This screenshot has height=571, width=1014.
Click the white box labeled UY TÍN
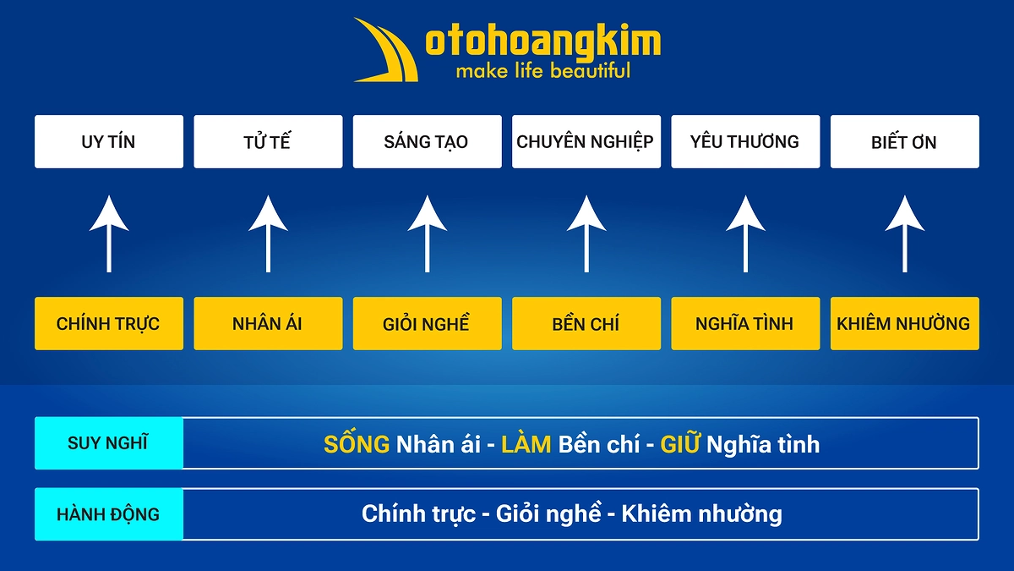108,141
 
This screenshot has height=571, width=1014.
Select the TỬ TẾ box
268,141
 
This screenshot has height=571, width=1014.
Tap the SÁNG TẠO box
427,141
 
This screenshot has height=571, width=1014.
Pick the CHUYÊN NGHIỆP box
586,141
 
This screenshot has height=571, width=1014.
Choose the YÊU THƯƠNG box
744,141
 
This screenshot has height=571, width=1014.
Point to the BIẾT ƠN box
904,141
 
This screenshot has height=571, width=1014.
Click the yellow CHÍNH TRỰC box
108,323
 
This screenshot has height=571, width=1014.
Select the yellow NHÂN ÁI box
268,323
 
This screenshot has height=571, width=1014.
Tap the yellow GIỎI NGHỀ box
427,323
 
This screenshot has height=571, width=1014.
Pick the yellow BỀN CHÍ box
586,323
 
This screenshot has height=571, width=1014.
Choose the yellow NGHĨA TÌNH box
744,323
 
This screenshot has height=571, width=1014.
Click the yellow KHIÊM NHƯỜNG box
904,323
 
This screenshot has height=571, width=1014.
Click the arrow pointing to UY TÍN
109,233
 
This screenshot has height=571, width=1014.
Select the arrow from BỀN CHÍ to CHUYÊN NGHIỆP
586,233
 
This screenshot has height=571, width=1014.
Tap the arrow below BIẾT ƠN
905,233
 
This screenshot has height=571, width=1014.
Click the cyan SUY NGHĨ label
108,442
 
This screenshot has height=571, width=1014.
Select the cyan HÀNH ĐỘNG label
108,513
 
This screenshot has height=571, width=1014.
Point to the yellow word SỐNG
357,444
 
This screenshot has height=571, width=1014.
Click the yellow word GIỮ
680,444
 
